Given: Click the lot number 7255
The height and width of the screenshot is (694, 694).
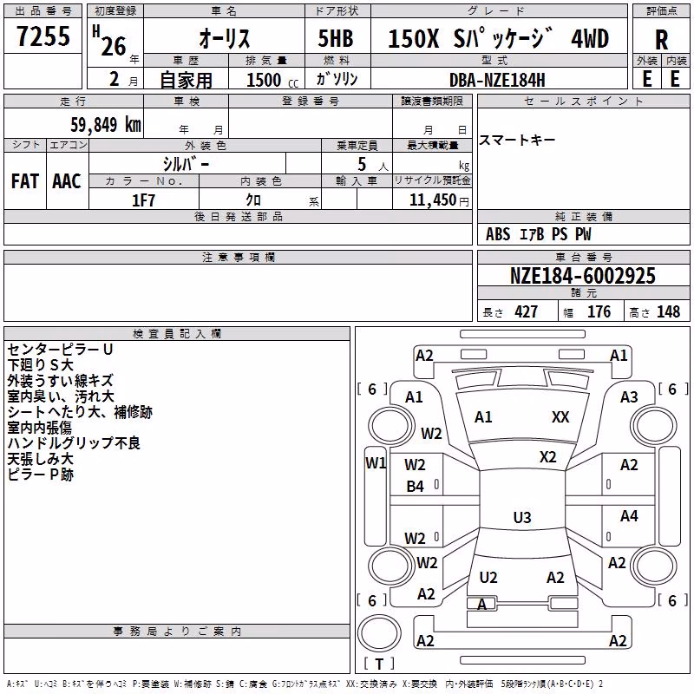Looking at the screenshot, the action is click(43, 36).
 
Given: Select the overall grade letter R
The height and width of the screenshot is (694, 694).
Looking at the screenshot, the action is click(661, 40).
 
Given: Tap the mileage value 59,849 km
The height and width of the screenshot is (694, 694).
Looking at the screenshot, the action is click(106, 124).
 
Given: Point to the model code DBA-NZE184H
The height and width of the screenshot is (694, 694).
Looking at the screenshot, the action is click(497, 80).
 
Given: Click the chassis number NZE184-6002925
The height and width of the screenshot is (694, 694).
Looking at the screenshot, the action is click(582, 275).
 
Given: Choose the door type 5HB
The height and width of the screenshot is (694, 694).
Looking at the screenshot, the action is click(336, 38).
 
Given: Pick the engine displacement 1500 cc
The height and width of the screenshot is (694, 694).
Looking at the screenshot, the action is click(272, 80).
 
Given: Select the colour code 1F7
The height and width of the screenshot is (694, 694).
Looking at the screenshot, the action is click(143, 200).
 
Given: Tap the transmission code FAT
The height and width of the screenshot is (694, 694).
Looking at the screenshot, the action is click(25, 181).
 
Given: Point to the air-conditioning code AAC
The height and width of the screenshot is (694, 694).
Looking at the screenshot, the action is click(67, 181).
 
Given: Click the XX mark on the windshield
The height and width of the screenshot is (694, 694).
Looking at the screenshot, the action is click(560, 416).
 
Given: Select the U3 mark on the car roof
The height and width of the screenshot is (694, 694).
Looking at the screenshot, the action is click(522, 517).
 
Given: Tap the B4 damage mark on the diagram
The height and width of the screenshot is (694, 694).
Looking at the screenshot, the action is click(416, 487).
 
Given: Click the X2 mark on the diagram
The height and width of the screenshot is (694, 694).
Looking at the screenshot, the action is click(548, 457).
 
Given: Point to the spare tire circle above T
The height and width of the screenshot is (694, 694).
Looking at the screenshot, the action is click(379, 634).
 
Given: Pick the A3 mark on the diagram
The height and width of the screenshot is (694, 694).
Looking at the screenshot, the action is click(629, 397).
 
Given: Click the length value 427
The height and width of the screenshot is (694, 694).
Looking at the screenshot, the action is click(527, 311).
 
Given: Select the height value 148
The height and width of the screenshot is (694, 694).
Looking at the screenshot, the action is click(668, 311).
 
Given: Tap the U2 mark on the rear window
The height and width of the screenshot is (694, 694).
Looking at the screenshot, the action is click(488, 577).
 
